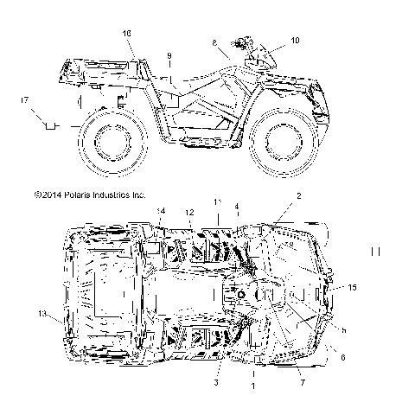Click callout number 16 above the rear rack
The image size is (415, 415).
point(127,33)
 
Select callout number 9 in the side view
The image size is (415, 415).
point(169,56)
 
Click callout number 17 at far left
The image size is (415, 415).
point(23,102)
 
